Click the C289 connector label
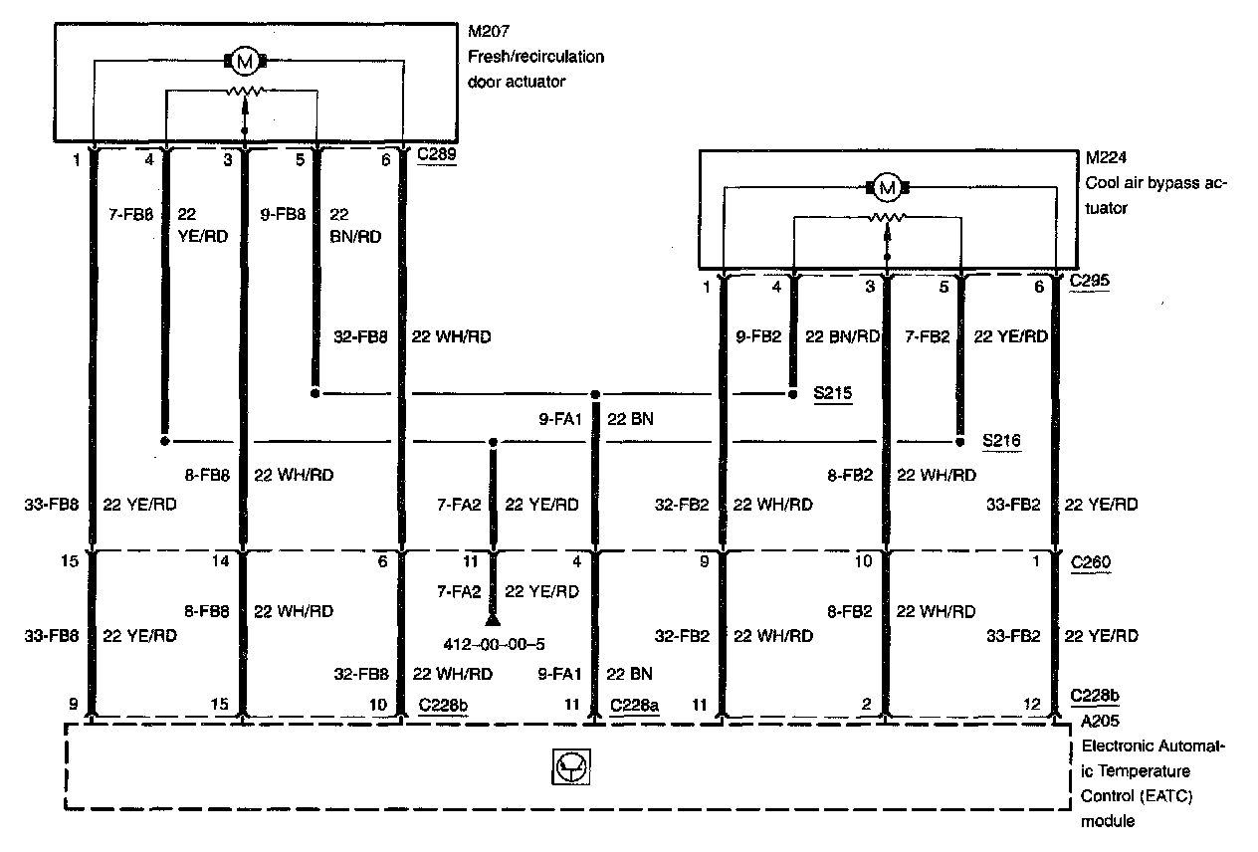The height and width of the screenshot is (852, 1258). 437,156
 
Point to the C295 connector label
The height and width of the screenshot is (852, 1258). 1090,282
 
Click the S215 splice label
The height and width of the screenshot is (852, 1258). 832,394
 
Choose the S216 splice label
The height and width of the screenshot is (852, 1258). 1000,440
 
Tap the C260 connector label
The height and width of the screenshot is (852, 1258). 1090,562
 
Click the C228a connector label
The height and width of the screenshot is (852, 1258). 636,705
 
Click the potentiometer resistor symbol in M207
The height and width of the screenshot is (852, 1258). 244,92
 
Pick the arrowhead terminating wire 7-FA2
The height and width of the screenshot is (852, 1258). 492,619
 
